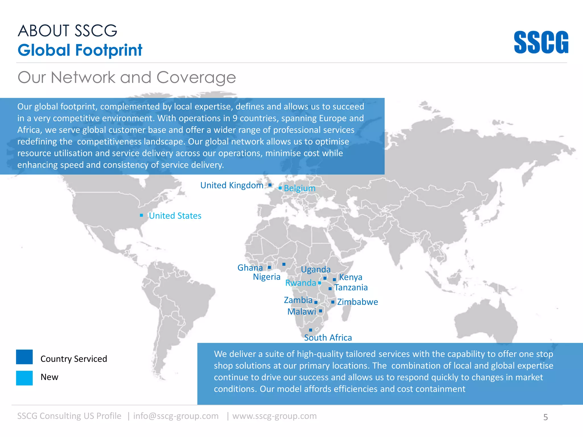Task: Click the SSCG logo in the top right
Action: pos(541,42)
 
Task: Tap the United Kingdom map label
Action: pos(232,185)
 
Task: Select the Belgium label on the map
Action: pos(299,188)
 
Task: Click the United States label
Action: pos(175,216)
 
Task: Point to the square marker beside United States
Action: pos(141,215)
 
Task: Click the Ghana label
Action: pos(250,268)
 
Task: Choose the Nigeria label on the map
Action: pos(267,277)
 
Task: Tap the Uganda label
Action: pos(316,269)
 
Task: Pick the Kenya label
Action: pos(351,277)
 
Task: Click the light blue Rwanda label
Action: pos(301,283)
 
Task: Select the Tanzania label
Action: pos(351,288)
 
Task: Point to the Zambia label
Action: pos(298,300)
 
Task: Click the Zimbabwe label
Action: pos(358,302)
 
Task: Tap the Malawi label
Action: pos(301,312)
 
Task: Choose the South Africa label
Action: pos(328,338)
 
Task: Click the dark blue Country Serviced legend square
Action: pos(24,357)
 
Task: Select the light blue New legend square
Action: pos(24,378)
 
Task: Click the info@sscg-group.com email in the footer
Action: pos(176,416)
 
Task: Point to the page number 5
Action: pos(545,417)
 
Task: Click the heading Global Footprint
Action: pos(80,50)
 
